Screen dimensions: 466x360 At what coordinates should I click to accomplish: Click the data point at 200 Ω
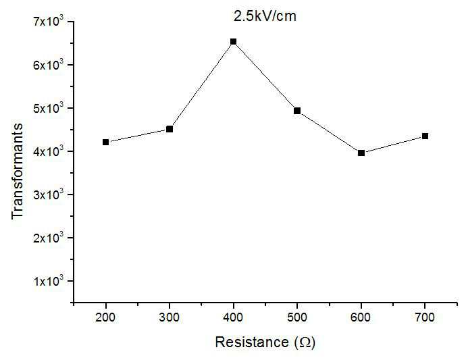tap(105, 142)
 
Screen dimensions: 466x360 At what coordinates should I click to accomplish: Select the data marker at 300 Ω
tap(170, 129)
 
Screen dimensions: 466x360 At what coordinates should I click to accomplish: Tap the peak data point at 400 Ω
tap(233, 42)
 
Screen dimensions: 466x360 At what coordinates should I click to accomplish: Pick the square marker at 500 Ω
tap(297, 111)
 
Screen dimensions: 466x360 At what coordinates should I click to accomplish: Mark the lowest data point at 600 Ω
tap(361, 153)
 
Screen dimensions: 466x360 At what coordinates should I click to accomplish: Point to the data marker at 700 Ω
tap(425, 136)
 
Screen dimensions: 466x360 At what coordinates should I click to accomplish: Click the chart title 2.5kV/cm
tap(265, 16)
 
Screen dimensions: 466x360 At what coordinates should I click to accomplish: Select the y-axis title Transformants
tap(18, 172)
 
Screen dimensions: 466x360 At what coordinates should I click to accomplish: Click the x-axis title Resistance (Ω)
tap(265, 342)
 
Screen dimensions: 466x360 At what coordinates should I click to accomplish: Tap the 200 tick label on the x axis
tap(105, 317)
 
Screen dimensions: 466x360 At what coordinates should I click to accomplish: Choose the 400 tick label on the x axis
tap(233, 317)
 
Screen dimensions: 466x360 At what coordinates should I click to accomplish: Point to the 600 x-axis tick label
tap(361, 317)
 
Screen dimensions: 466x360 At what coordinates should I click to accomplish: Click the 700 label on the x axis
tap(425, 317)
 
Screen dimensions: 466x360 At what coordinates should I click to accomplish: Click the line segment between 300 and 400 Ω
tap(201, 85)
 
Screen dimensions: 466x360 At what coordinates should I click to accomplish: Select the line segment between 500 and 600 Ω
tap(330, 132)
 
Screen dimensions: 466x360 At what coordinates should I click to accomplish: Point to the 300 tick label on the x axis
tap(170, 317)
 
